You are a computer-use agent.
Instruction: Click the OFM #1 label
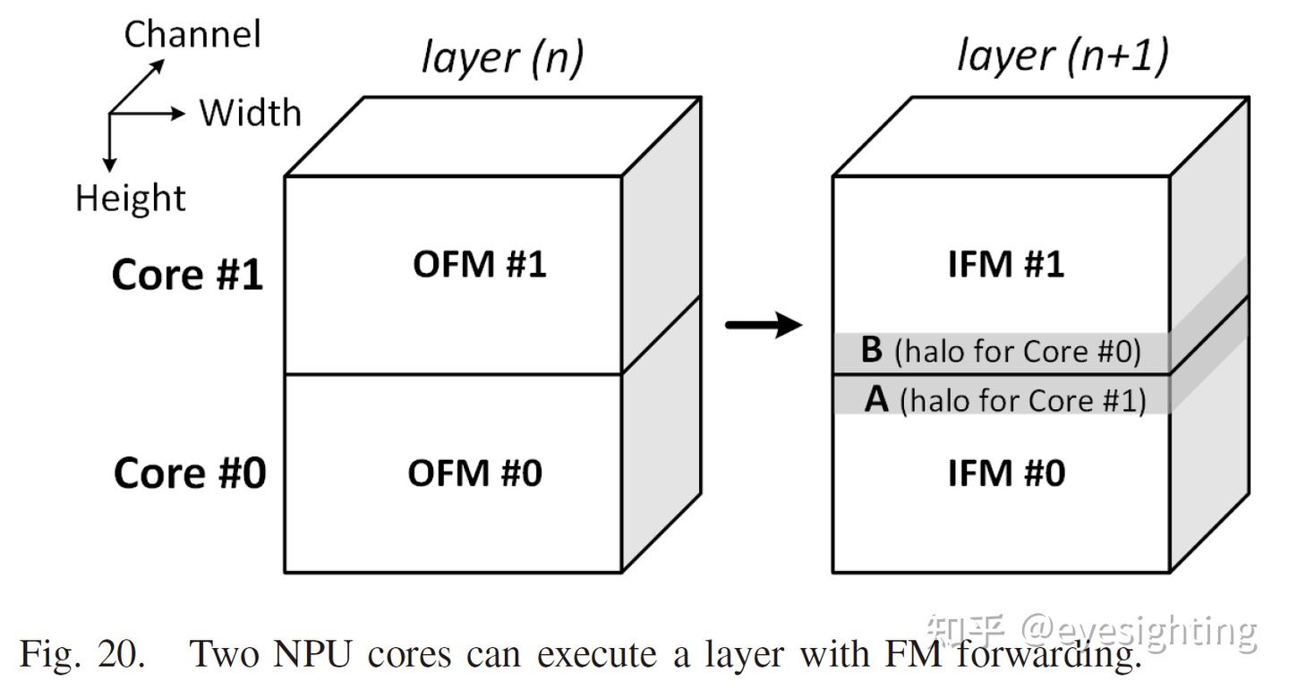coord(479,265)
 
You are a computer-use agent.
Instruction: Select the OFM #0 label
coord(474,473)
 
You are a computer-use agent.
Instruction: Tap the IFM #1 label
coord(1006,265)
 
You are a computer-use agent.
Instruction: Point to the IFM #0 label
coord(1006,473)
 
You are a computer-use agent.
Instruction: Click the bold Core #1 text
coord(188,275)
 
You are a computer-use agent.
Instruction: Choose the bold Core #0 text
coord(189,473)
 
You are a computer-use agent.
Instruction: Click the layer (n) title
coord(502,58)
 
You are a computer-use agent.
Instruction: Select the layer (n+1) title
coord(1063,56)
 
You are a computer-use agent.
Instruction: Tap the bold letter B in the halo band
coord(871,351)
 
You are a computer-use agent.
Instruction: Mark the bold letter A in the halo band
coord(877,400)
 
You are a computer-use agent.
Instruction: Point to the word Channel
coord(192,35)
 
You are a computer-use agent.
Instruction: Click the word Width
coord(250,114)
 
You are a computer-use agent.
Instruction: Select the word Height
coord(130,198)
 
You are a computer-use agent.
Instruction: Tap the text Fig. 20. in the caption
coord(81,654)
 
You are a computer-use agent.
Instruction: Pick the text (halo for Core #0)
coord(1018,352)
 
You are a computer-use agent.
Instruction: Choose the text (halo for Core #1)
coord(1022,400)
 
